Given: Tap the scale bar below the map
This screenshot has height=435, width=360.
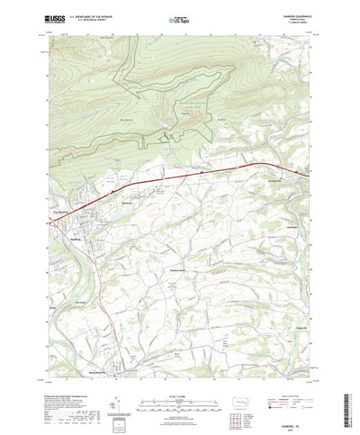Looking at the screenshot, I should click(180, 369).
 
